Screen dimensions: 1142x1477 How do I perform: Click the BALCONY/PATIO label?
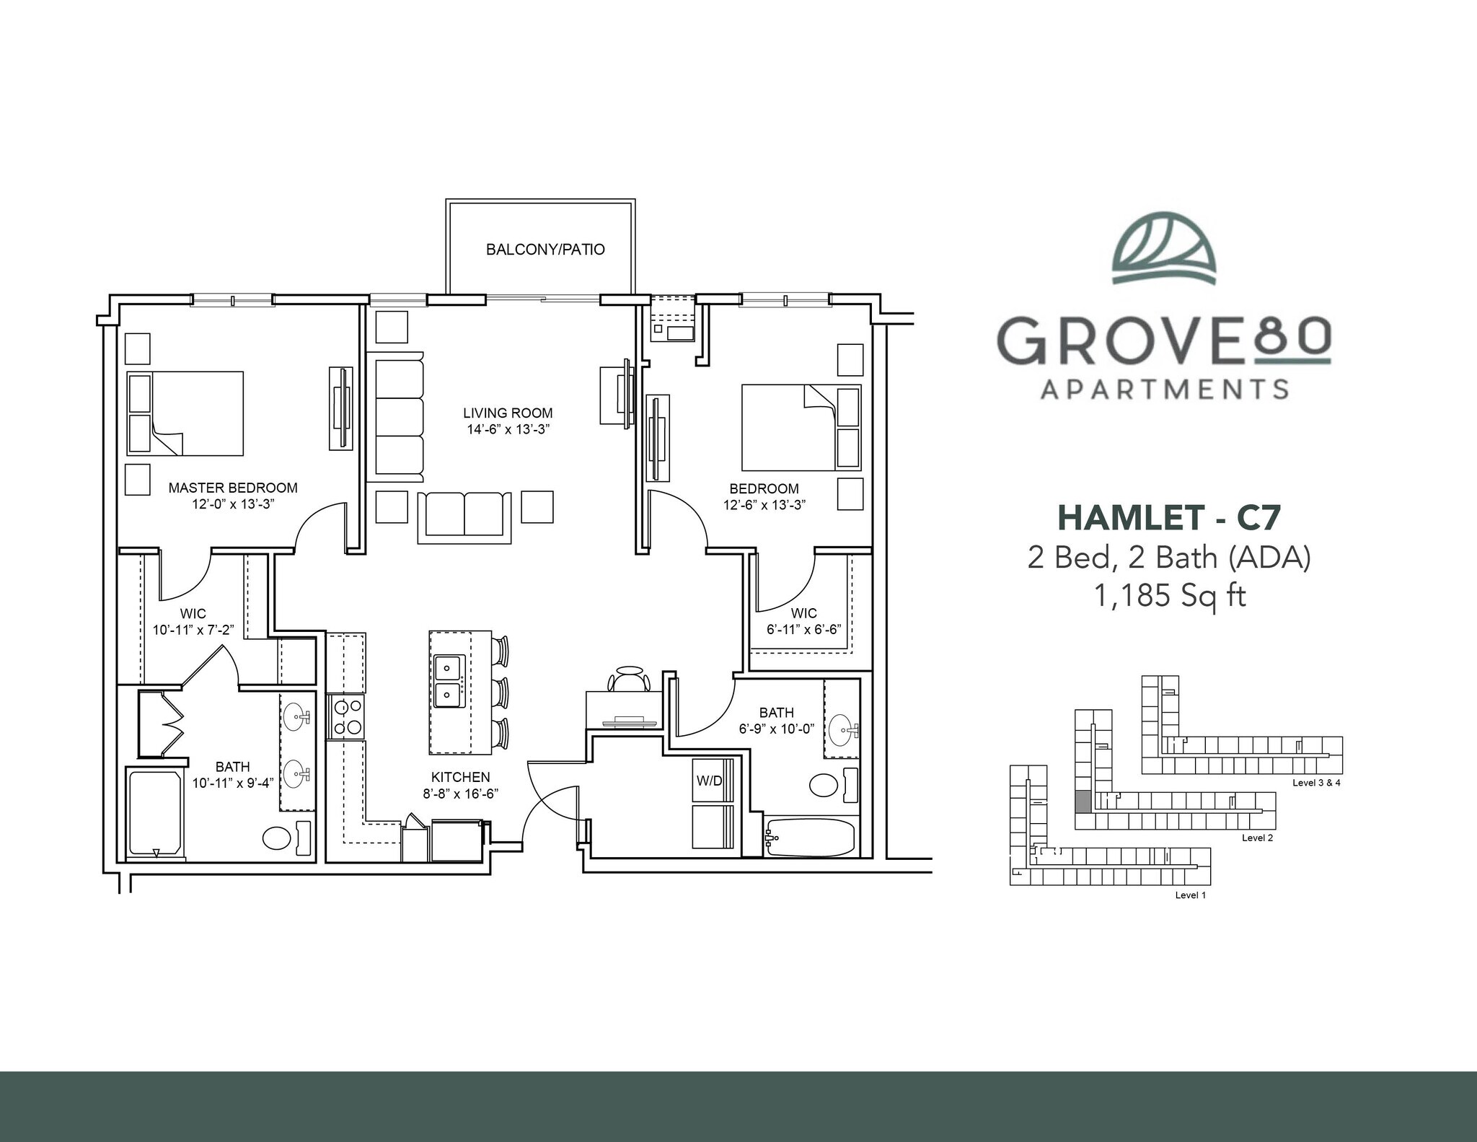545,250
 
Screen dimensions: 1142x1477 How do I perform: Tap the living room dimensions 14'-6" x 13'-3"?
508,429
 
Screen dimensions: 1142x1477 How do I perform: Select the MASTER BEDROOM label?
233,488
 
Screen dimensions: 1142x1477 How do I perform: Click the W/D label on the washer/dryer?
709,781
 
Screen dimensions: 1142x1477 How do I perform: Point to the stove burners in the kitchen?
346,716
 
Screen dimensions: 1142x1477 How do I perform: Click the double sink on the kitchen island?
449,682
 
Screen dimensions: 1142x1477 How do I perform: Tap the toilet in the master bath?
276,838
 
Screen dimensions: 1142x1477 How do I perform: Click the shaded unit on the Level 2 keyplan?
1083,801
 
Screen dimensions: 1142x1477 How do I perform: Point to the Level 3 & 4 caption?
1316,783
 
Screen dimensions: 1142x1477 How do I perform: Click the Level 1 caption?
1190,895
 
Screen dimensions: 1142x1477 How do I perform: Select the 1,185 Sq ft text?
1170,596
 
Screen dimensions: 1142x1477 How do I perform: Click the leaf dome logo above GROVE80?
1164,247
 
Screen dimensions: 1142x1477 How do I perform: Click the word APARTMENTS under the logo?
1164,390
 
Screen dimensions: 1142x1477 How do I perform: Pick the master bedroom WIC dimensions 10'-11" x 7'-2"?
193,630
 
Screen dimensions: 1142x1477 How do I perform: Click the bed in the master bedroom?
186,413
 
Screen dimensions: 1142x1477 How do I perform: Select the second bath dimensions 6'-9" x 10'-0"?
776,729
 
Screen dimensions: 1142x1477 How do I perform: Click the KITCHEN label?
460,777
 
